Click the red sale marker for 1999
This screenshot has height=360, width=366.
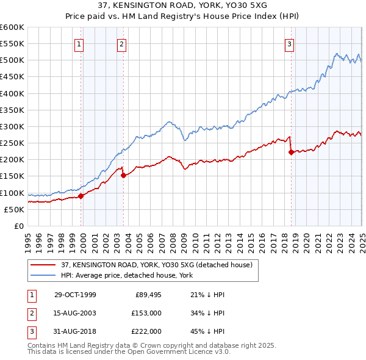coord(81,196)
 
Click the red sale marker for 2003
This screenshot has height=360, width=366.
coord(123,175)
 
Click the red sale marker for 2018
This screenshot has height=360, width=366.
coord(291,153)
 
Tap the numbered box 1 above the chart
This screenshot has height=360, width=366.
coord(80,43)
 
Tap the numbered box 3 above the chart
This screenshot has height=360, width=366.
coord(289,43)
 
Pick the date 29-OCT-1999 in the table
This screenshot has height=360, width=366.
coord(75,295)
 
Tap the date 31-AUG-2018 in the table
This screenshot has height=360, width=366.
coord(75,331)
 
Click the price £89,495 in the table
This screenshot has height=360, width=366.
coord(147,295)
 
